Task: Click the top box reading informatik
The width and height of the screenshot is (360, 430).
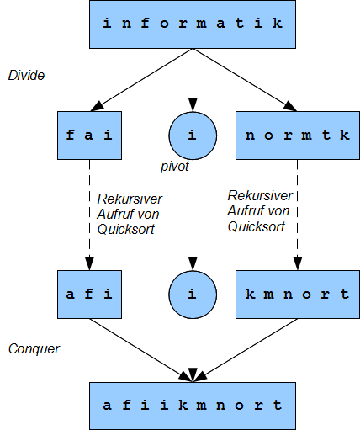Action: pos(193,24)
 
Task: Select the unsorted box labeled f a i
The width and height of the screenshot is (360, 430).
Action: pos(89,135)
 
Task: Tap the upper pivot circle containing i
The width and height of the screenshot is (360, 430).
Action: pos(193,135)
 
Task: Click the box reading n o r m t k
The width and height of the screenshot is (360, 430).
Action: pos(298,135)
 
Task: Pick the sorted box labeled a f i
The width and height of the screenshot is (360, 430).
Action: pos(89,295)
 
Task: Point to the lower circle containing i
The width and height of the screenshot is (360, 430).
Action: pos(193,295)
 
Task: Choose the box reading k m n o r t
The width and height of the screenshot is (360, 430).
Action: pos(298,295)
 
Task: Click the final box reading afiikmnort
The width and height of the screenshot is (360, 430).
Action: pos(193,406)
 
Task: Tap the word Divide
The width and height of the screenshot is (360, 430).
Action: pos(26,75)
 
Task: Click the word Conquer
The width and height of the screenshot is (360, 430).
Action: pos(34,349)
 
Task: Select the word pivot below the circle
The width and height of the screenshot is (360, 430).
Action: pos(175,167)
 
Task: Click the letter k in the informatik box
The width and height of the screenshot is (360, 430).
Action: pos(278,23)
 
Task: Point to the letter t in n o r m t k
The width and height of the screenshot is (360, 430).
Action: pos(326,135)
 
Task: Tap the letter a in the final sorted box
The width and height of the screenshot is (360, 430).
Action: pos(107,406)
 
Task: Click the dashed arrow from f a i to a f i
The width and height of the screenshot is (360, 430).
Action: pos(89,215)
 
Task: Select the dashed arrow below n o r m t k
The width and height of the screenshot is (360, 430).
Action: pos(298,215)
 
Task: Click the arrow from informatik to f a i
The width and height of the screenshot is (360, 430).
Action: pos(142,80)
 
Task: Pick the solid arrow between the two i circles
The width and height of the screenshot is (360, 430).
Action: pos(193,215)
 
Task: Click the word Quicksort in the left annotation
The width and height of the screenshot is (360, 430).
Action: pos(126,230)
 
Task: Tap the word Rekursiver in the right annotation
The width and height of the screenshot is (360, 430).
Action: pos(260,195)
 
